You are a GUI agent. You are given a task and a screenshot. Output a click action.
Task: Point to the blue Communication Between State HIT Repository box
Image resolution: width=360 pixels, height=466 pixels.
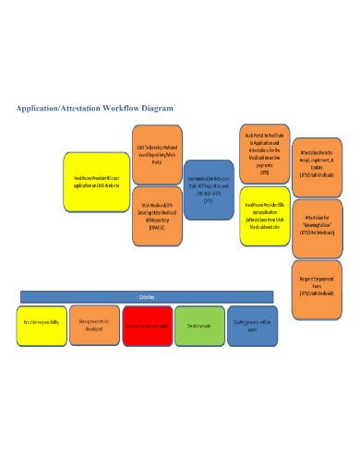point(209,189)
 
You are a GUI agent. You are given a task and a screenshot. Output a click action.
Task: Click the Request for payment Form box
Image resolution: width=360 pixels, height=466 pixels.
point(317,282)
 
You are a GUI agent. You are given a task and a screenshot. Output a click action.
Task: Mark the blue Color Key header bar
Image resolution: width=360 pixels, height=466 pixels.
point(147,297)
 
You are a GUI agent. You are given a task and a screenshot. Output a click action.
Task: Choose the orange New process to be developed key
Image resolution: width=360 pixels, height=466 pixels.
point(94,325)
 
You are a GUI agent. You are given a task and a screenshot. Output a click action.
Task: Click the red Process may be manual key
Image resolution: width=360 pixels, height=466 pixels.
point(147,326)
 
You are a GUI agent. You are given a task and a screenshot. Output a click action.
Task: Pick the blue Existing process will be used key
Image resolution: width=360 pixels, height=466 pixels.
point(251,326)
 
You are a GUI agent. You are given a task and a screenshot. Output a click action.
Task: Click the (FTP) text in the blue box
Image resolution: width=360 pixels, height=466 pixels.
point(209,199)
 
